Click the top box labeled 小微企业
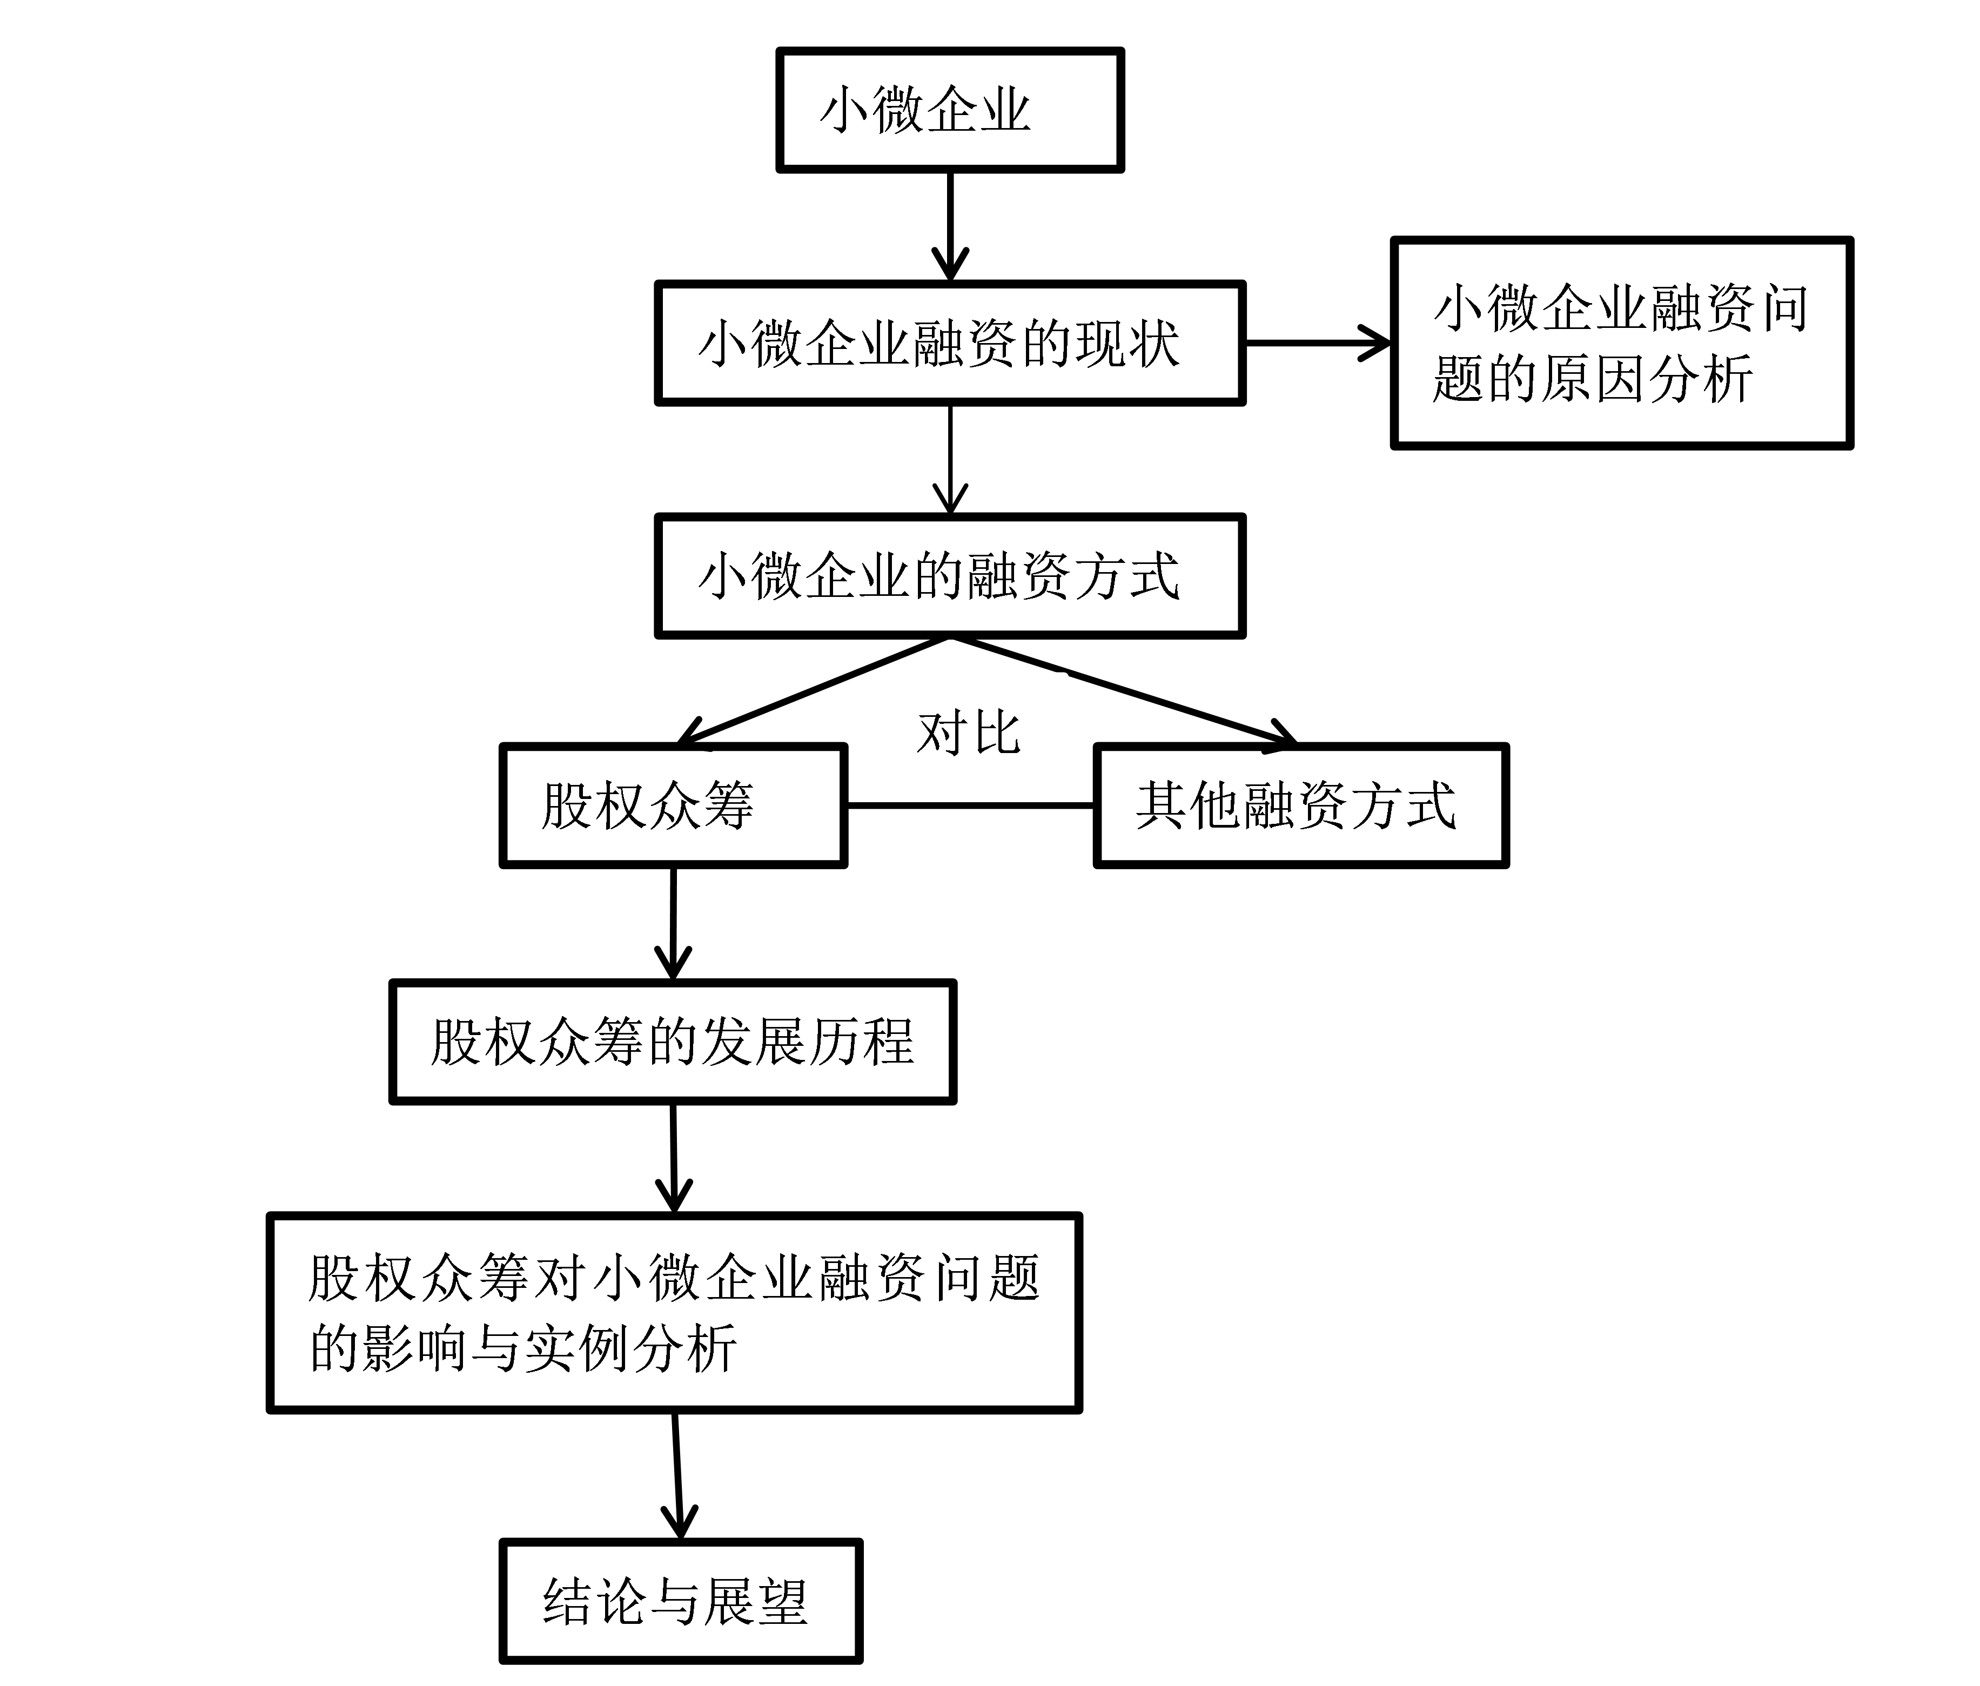pos(950,110)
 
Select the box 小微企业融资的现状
pos(950,343)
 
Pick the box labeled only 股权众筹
pos(673,805)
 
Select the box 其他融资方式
pos(1300,805)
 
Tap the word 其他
pos(1188,805)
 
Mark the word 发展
pos(755,1042)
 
